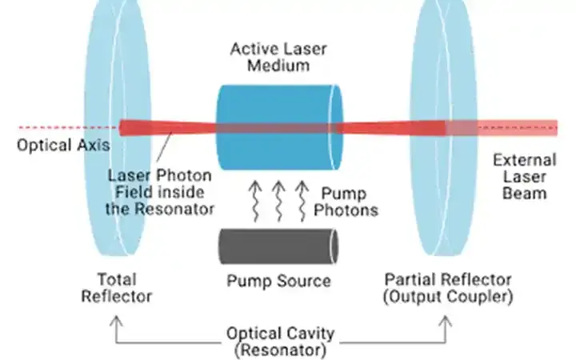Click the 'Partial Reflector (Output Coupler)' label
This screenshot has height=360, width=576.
[x=447, y=288]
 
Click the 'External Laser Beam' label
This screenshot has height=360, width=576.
[x=524, y=175]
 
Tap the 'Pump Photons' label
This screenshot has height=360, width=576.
[x=347, y=202]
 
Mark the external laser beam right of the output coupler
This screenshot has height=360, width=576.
[x=520, y=128]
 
